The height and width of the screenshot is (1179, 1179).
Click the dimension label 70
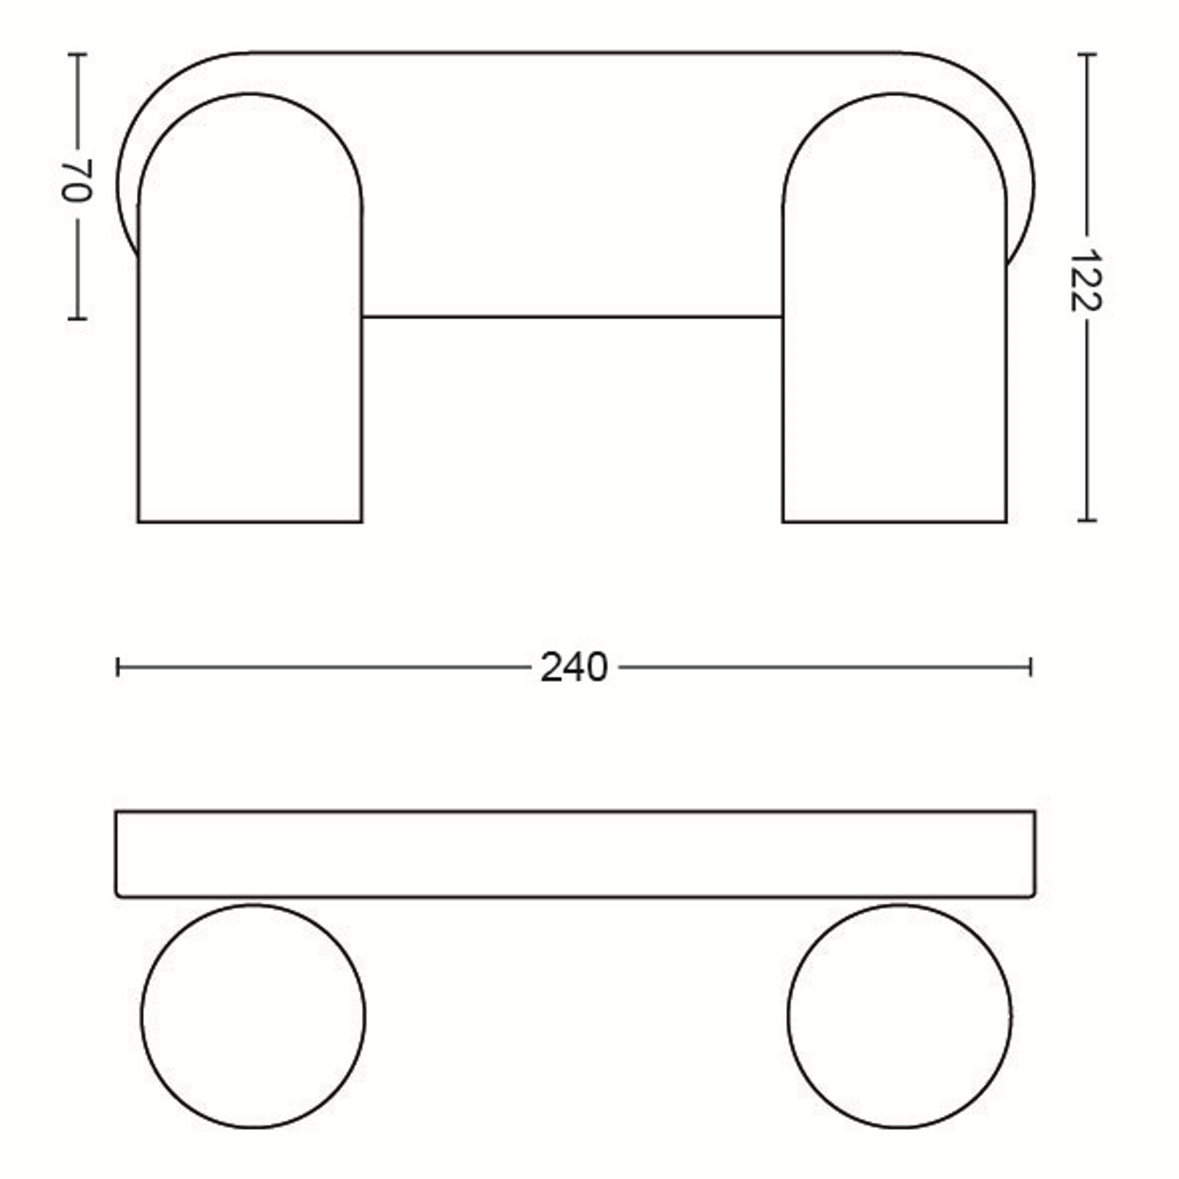tap(76, 181)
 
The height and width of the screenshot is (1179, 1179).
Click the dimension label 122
tap(1086, 280)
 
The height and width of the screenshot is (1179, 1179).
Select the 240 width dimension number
tap(574, 668)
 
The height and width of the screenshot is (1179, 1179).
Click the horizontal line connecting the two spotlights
tap(573, 317)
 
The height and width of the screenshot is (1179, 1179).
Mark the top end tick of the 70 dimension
tap(77, 54)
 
